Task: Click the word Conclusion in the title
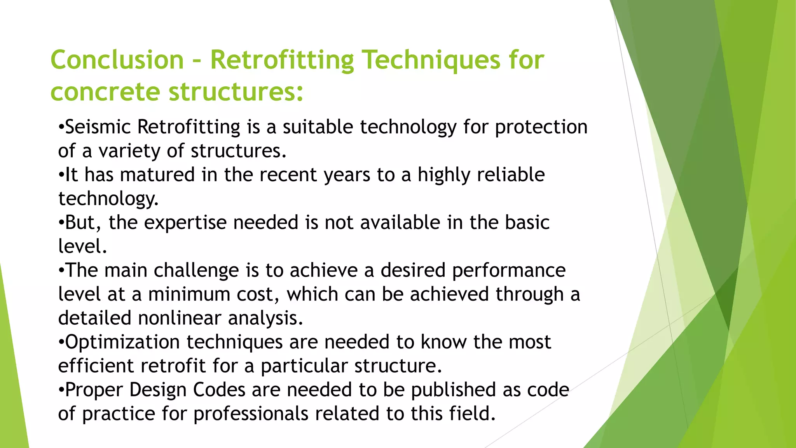tap(117, 60)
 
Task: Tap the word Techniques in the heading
tap(431, 60)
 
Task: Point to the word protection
tap(541, 127)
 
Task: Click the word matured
tap(157, 175)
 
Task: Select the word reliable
tap(511, 175)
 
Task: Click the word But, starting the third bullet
tap(83, 222)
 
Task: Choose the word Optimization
tap(122, 342)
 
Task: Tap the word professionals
tap(251, 414)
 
